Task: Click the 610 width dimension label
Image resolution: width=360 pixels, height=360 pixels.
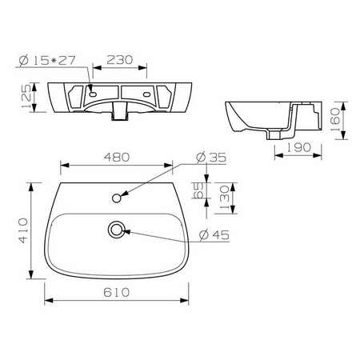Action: pos(117,292)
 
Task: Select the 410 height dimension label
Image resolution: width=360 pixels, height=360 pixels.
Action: pos(23,230)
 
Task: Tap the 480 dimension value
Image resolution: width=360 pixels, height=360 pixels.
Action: pos(117,158)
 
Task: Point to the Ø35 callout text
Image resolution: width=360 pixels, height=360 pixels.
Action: pos(211,158)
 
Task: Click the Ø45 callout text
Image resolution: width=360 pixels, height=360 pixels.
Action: pos(214,234)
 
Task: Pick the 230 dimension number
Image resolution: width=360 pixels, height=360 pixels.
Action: pos(120,60)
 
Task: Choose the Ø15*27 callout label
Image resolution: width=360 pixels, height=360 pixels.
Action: pos(47,61)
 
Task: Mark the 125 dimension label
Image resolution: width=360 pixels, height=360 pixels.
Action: pos(26,97)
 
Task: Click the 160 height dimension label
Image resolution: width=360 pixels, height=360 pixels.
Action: pos(335,119)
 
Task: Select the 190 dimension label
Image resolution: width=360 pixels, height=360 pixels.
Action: pos(298,147)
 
